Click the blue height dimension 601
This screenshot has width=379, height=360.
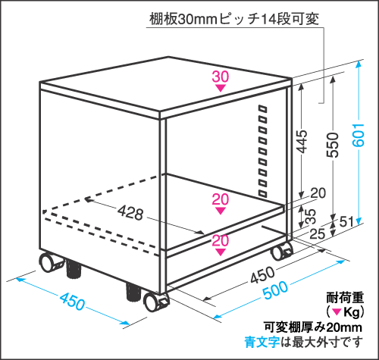point(359,135)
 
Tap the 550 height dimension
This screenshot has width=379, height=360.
point(333,145)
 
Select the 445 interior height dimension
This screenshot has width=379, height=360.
point(301,142)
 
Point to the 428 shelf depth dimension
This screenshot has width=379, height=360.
point(130,212)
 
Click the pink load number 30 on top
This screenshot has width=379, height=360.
point(221,77)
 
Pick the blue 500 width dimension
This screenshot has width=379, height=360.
point(275,290)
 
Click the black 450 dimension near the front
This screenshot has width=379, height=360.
point(262,274)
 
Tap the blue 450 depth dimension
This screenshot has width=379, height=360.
point(72,301)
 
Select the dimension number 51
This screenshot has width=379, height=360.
point(346,222)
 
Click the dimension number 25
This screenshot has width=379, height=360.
point(318,233)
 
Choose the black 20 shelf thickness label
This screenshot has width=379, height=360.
point(318,193)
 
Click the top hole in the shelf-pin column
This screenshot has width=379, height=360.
point(263,109)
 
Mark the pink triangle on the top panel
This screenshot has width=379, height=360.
point(221,88)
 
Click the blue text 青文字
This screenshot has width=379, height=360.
point(262,343)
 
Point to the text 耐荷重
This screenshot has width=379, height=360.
point(345,298)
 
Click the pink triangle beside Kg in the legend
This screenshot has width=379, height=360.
point(337,312)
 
